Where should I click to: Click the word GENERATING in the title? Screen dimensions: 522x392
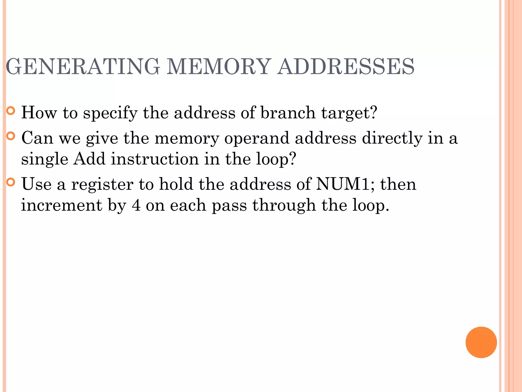click(83, 67)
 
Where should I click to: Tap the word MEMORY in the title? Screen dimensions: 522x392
click(218, 67)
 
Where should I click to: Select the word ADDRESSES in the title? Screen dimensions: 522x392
click(346, 67)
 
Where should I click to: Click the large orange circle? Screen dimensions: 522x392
click(481, 342)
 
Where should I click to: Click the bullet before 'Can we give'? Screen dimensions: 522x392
click(11, 136)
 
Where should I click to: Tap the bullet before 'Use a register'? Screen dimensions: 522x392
click(11, 182)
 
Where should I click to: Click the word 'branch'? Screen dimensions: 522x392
click(288, 113)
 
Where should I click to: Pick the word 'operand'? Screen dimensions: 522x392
click(257, 138)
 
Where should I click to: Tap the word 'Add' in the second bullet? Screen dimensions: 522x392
click(89, 159)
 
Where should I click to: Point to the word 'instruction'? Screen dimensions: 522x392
click(155, 159)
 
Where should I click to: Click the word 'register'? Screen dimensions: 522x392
click(102, 184)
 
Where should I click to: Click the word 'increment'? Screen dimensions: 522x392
click(61, 205)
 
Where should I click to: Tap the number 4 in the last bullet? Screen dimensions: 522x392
click(136, 205)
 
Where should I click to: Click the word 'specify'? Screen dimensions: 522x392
click(110, 113)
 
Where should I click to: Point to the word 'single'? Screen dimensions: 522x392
click(45, 159)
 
